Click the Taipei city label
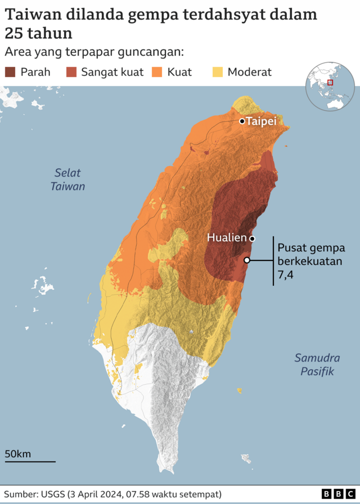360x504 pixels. pyautogui.click(x=262, y=121)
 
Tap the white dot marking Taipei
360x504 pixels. pyautogui.click(x=242, y=121)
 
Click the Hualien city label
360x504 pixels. pyautogui.click(x=227, y=238)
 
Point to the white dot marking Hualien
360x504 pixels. pyautogui.click(x=253, y=238)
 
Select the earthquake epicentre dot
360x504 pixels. pyautogui.click(x=246, y=259)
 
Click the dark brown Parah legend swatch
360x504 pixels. pyautogui.click(x=11, y=72)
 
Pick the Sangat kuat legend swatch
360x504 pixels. pyautogui.click(x=71, y=72)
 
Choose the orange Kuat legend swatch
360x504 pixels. pyautogui.click(x=157, y=72)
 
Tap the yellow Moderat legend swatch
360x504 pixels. pyautogui.click(x=217, y=72)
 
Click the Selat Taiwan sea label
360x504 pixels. pyautogui.click(x=67, y=179)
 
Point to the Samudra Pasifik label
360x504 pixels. pyautogui.click(x=317, y=364)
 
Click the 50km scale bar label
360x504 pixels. pyautogui.click(x=18, y=454)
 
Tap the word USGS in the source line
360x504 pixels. pyautogui.click(x=53, y=494)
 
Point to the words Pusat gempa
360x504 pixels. pyautogui.click(x=310, y=248)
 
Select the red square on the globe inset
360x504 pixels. pyautogui.click(x=330, y=82)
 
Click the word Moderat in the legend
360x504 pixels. pyautogui.click(x=250, y=72)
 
